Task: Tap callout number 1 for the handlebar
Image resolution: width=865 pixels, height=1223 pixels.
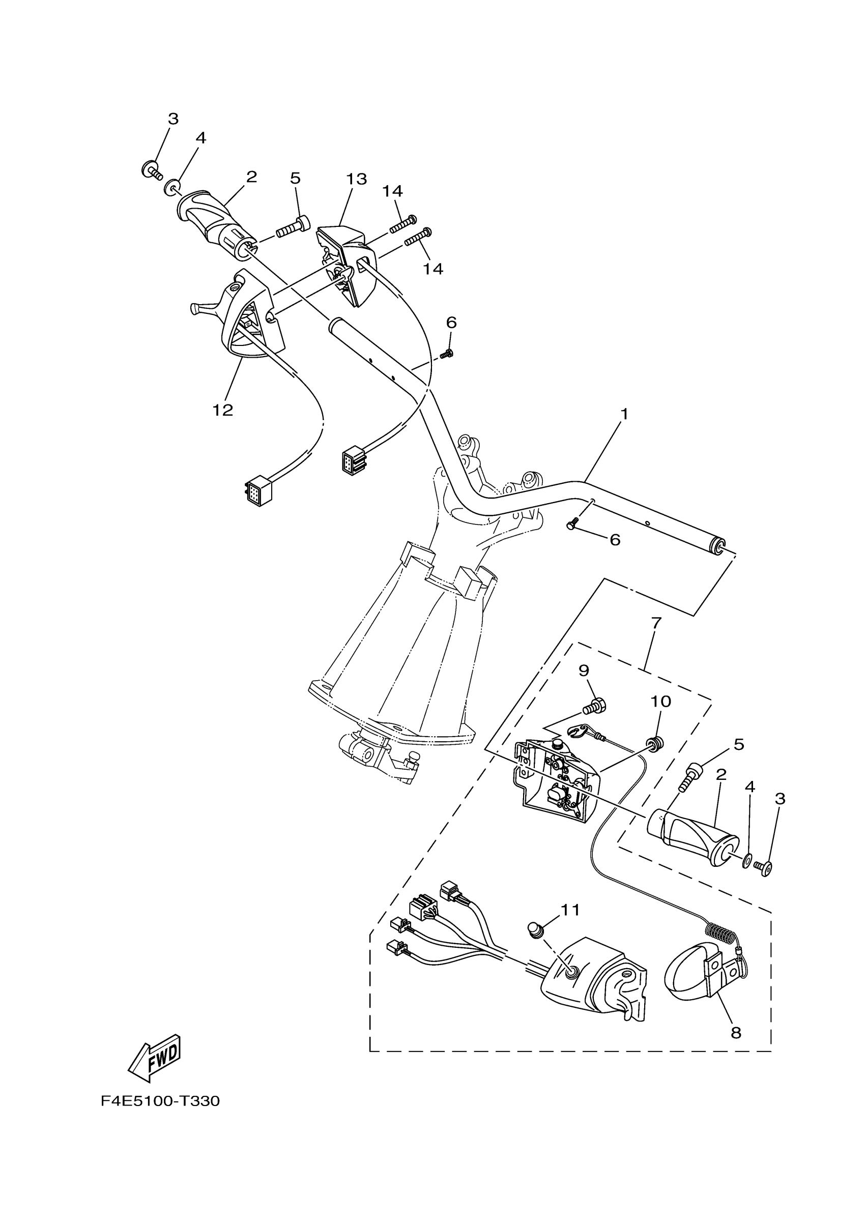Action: coord(624,414)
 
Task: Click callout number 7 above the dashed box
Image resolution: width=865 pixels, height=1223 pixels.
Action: coord(656,622)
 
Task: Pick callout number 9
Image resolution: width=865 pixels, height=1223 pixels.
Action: coord(584,670)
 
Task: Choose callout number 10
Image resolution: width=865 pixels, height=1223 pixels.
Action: coord(660,702)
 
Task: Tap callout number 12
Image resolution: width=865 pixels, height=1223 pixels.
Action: coord(223,410)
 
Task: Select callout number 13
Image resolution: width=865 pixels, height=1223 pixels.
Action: coord(356,179)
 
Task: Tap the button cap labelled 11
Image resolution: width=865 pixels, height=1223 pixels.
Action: coord(535,930)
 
